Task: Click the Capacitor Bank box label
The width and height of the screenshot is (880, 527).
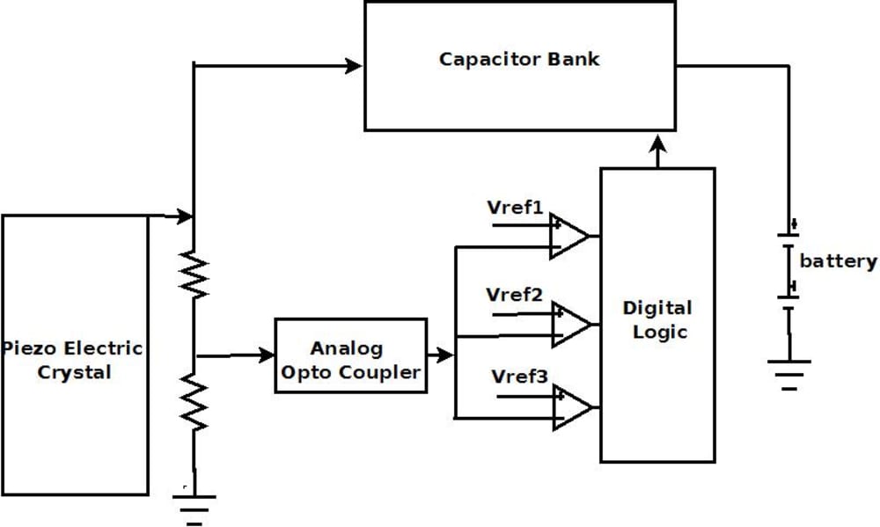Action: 519,60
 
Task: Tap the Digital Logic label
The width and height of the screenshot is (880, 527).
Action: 657,319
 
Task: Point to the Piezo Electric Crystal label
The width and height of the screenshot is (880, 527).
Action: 74,359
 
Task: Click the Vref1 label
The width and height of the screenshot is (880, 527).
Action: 515,208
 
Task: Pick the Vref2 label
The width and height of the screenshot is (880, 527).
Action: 515,295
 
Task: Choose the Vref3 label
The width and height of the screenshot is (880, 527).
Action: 520,377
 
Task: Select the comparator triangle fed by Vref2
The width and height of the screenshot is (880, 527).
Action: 569,323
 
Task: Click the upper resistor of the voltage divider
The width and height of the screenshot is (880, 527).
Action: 194,274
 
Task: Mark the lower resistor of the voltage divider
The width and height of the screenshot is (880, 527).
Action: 194,399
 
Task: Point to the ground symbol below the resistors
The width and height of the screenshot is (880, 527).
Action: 194,508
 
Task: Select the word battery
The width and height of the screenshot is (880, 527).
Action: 838,261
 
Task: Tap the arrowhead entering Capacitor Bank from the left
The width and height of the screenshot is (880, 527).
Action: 354,65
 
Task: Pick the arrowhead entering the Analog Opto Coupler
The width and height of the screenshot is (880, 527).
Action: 266,355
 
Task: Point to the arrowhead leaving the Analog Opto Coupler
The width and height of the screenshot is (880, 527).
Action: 446,355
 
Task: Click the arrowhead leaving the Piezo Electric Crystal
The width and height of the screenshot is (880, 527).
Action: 184,216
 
